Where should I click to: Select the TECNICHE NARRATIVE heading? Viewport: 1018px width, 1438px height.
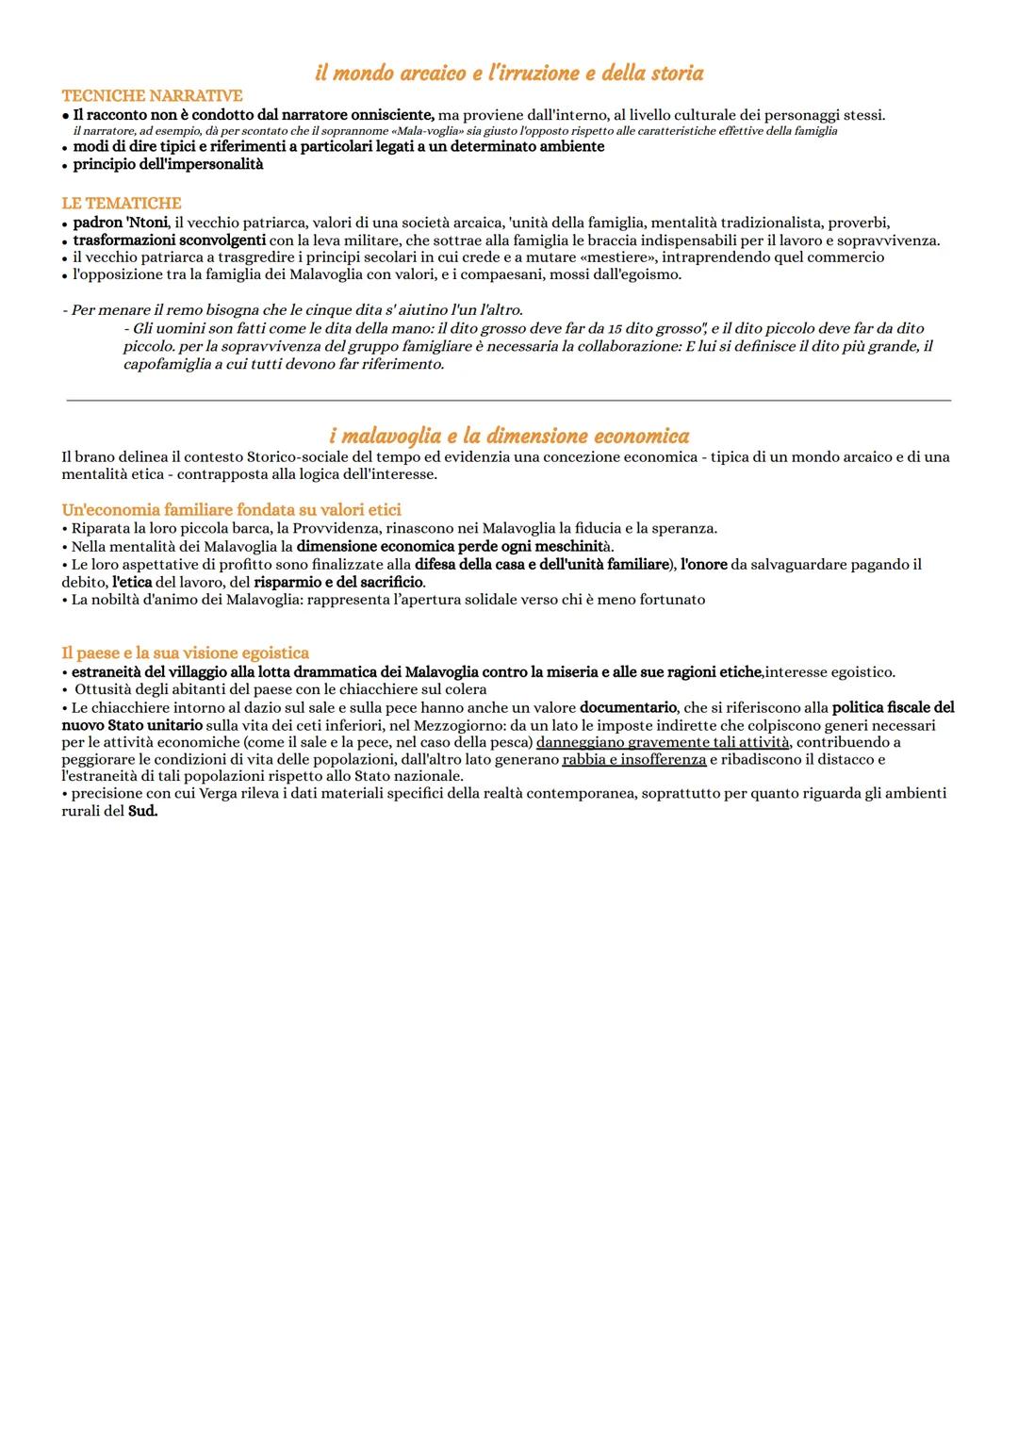pos(152,96)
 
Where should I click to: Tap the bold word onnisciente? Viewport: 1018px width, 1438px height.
pos(386,115)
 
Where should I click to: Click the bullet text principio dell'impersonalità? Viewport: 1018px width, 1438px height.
pos(168,164)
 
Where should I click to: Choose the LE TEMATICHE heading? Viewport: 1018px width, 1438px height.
pos(122,204)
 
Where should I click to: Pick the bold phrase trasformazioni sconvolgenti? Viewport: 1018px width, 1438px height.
pos(170,240)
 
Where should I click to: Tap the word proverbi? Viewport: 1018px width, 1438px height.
pos(859,223)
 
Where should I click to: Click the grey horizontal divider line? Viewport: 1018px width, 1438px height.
pos(509,400)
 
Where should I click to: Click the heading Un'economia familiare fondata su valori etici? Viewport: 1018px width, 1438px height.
pos(231,510)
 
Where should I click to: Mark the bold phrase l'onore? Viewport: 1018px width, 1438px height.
pos(703,564)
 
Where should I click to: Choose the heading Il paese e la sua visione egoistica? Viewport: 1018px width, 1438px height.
pos(185,653)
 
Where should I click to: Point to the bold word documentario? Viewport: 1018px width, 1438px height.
pos(628,707)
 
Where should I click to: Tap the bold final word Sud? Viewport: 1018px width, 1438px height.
pos(142,811)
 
